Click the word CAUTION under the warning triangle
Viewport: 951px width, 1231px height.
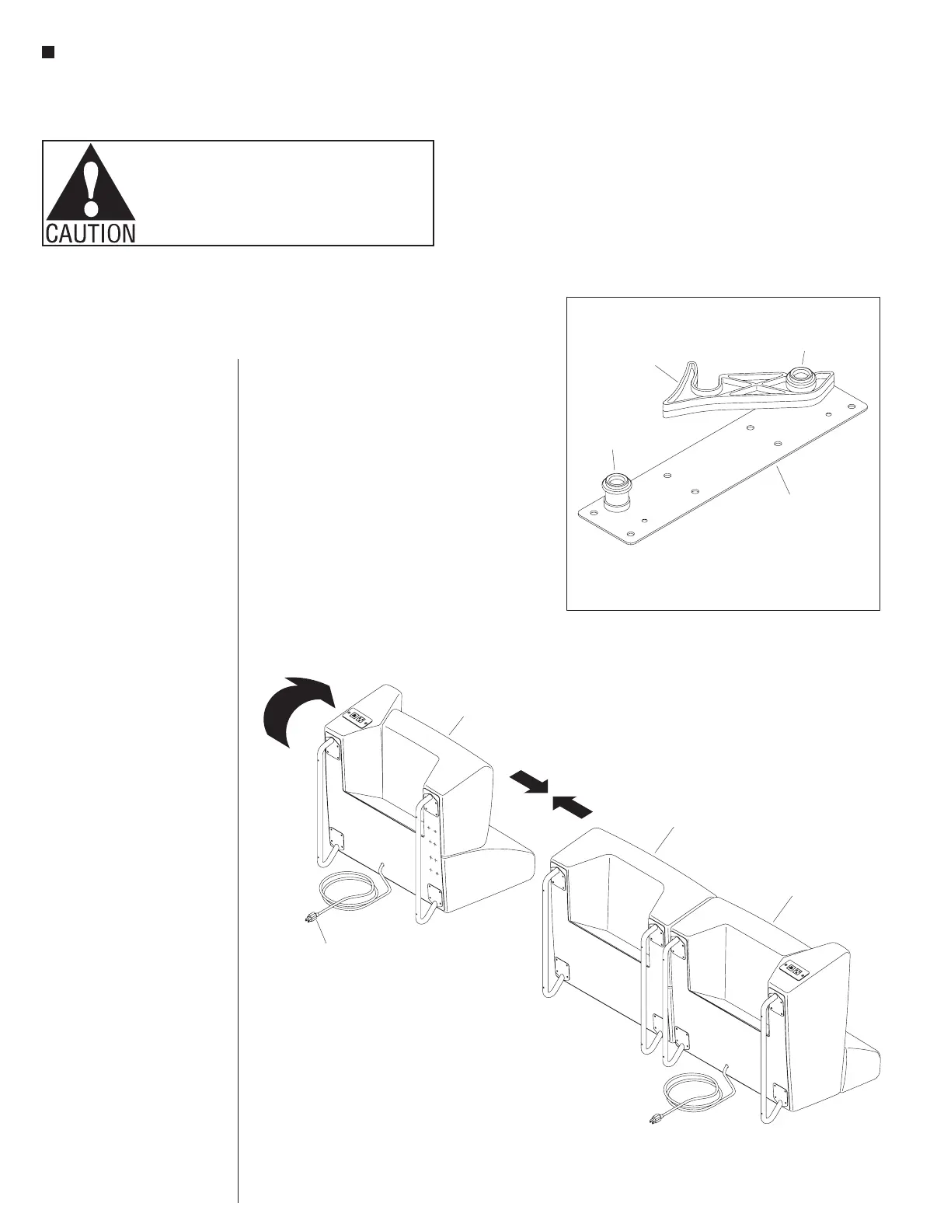click(x=90, y=232)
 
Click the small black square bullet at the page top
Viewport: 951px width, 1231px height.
click(x=47, y=52)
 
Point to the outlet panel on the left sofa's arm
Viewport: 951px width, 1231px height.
click(x=358, y=717)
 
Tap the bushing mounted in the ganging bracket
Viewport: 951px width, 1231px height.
click(x=800, y=379)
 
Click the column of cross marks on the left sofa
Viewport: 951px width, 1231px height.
click(x=433, y=852)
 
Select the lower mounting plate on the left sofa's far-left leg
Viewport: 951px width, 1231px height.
click(x=337, y=840)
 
